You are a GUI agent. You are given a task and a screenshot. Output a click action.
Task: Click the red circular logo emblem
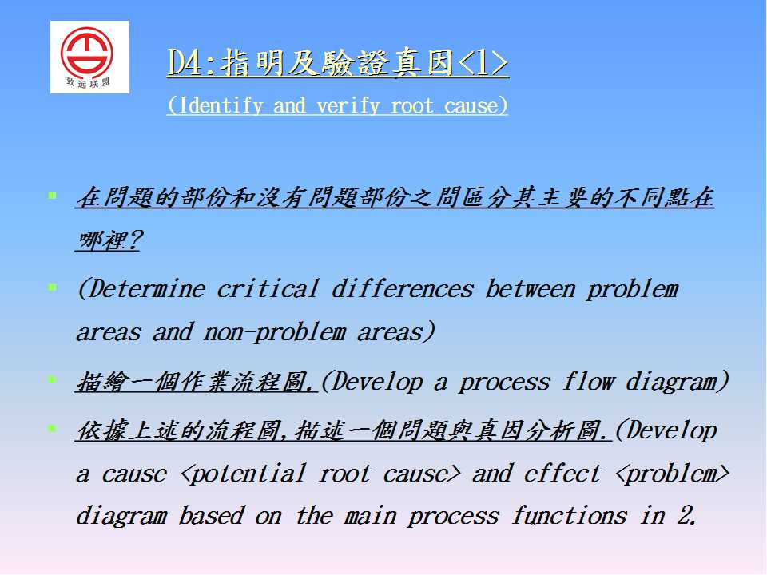87,51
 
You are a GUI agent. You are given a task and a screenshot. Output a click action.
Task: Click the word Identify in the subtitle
221,105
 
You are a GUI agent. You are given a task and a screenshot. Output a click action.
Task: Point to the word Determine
146,288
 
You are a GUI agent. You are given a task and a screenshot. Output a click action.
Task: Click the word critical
268,288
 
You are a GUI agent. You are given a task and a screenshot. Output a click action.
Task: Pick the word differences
403,288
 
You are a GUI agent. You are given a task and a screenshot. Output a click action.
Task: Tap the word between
531,288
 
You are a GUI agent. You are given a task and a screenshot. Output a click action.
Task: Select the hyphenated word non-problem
274,333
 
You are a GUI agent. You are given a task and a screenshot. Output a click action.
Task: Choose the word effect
562,474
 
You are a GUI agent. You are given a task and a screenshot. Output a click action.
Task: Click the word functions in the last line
569,516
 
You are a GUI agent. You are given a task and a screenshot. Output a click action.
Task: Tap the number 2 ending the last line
686,515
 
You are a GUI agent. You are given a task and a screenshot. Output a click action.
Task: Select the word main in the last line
370,517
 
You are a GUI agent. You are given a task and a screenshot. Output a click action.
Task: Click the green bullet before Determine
53,287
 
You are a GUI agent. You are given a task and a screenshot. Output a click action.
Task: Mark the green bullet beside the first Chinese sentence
53,196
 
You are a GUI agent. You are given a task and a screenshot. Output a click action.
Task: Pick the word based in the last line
211,516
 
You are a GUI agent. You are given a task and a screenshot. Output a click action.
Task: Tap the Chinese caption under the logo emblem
88,82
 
